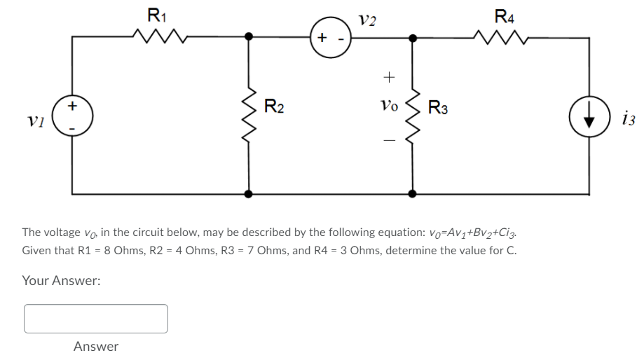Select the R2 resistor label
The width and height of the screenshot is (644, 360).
click(x=273, y=107)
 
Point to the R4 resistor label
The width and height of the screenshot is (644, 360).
click(x=502, y=14)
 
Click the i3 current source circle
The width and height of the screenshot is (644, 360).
click(x=587, y=115)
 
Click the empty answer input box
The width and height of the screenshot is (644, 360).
click(x=96, y=318)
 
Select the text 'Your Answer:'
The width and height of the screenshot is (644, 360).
click(x=61, y=280)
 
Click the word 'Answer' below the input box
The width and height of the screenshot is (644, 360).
click(x=96, y=347)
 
